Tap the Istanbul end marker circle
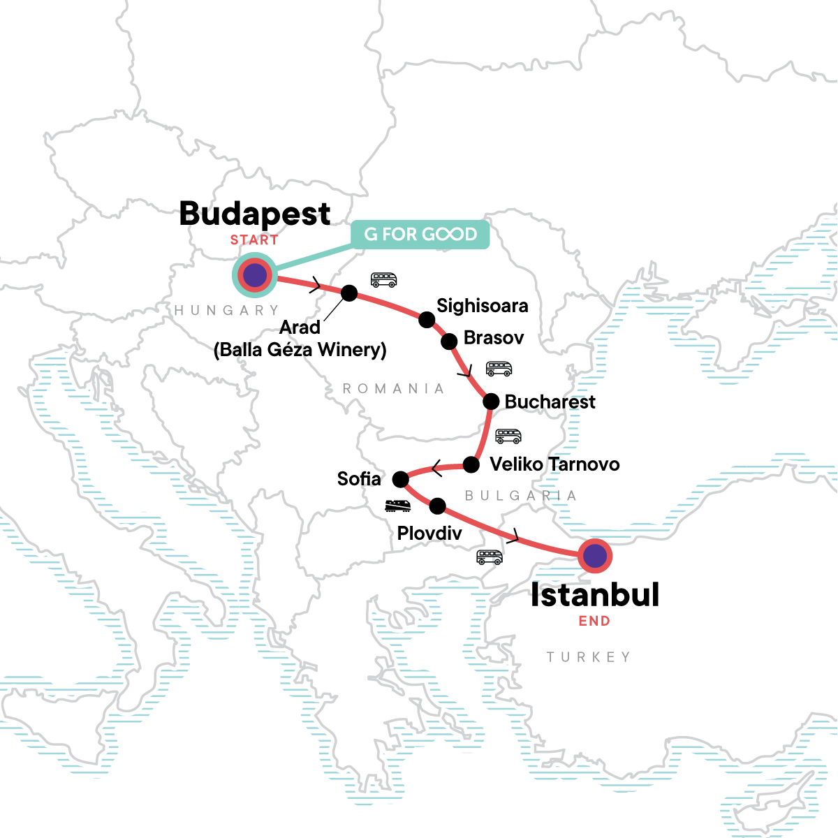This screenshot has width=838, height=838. (595, 557)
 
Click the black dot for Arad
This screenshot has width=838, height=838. (349, 293)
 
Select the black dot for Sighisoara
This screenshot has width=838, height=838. (427, 320)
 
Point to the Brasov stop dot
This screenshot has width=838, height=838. (450, 341)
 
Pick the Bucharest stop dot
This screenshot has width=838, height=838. (491, 402)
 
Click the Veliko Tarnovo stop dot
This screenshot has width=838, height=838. (471, 464)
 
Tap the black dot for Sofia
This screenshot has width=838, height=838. (400, 479)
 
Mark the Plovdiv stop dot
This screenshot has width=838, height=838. (437, 506)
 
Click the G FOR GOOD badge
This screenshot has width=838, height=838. (420, 235)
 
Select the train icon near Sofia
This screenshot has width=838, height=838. (397, 506)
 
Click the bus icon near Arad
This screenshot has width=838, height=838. (383, 280)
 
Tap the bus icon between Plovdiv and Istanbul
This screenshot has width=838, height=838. (490, 557)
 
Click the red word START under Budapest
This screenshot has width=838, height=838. (254, 240)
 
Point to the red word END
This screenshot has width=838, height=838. (594, 621)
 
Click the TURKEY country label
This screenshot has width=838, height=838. (589, 657)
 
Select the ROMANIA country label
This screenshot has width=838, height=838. (393, 389)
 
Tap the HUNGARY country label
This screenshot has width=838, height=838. (226, 310)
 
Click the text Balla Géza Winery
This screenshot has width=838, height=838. (300, 349)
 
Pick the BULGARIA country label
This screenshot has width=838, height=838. (521, 496)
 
